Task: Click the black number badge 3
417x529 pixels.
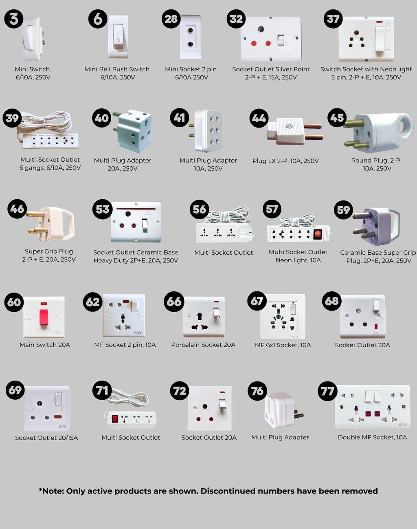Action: click(14, 19)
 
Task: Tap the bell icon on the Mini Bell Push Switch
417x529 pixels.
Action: click(119, 40)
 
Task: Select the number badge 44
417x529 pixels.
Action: click(259, 118)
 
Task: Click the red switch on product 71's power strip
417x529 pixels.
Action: click(115, 419)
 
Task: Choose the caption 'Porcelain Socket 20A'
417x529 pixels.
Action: click(203, 345)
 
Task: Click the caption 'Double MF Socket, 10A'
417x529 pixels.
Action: click(372, 437)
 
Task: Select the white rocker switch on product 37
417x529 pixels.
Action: click(380, 39)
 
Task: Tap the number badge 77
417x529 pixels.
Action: click(327, 391)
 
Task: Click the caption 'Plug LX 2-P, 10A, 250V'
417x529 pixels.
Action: click(285, 161)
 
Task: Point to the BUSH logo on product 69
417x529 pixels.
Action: click(62, 427)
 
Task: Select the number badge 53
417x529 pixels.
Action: click(102, 209)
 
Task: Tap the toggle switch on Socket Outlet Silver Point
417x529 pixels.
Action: click(281, 40)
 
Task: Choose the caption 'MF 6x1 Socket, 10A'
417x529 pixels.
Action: click(283, 345)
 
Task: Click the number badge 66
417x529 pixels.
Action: click(173, 302)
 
